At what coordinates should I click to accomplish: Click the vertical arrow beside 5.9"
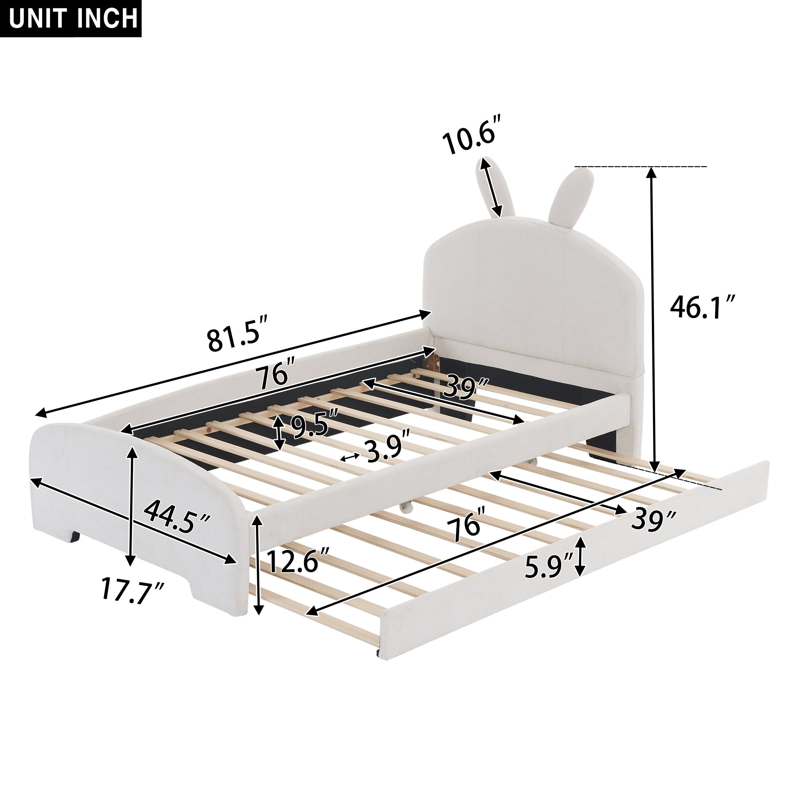pos(580,557)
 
